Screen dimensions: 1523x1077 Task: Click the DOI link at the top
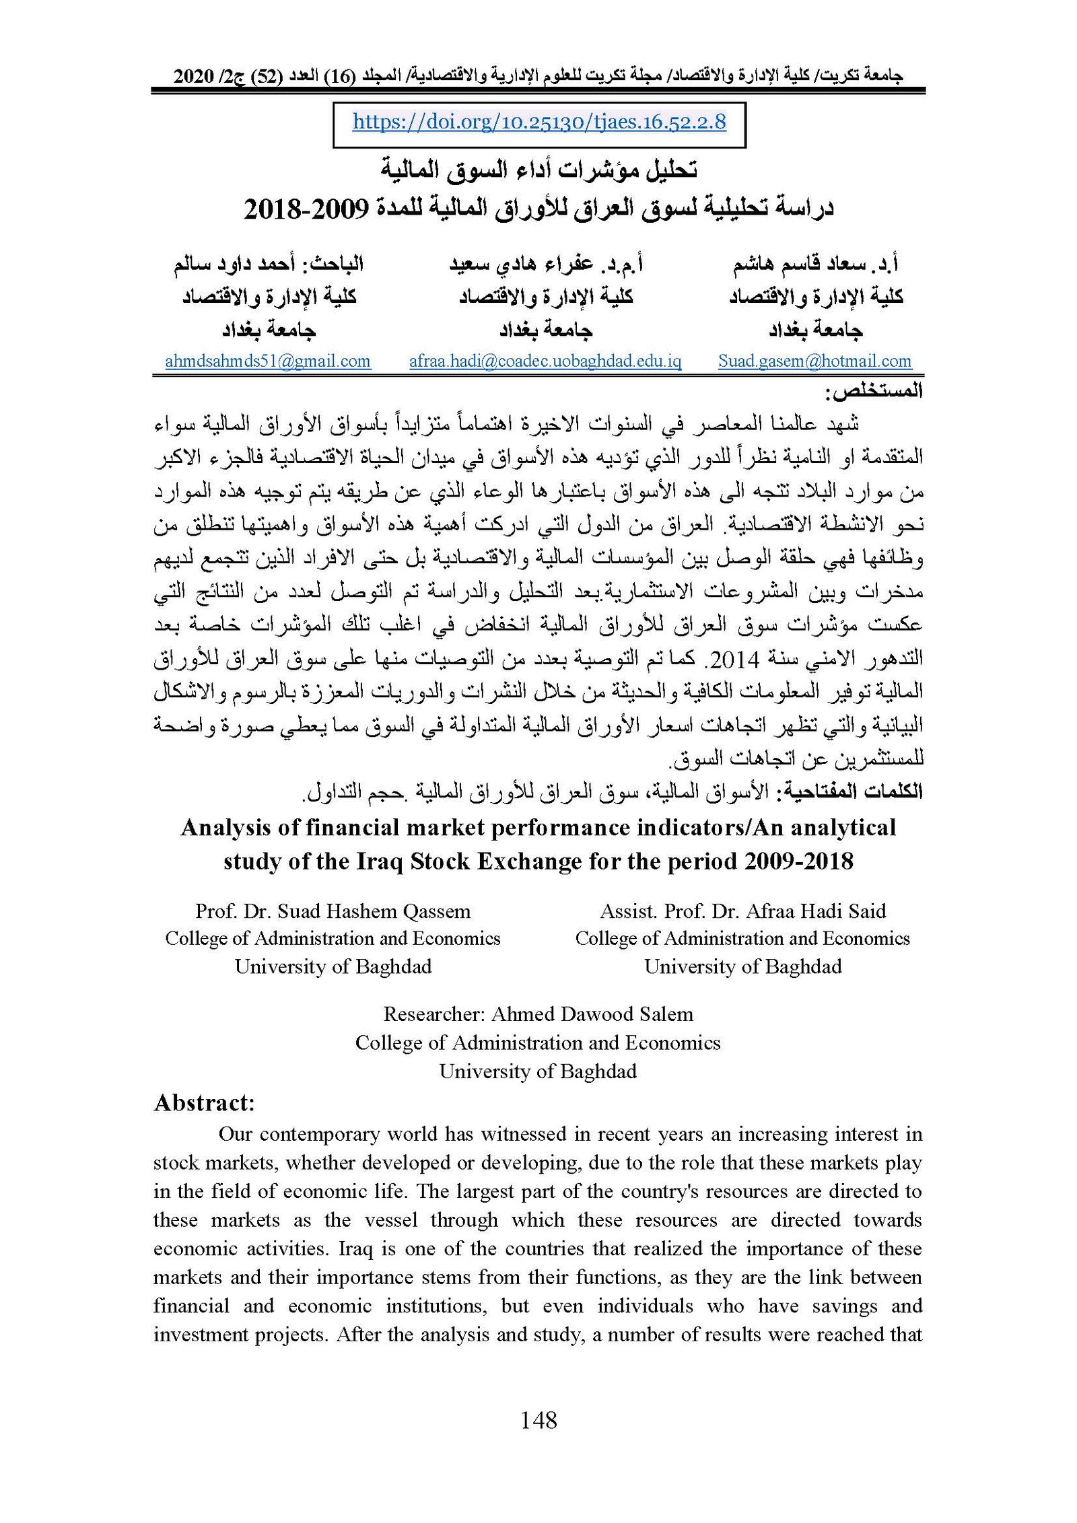tap(539, 122)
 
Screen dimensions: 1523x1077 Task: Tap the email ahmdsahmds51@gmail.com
tap(268, 361)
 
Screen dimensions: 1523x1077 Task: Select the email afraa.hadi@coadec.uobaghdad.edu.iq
tap(545, 361)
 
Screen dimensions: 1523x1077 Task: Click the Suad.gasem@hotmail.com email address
tap(814, 361)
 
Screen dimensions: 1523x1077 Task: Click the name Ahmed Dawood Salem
tap(592, 1014)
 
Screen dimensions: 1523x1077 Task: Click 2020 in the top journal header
tap(195, 77)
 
